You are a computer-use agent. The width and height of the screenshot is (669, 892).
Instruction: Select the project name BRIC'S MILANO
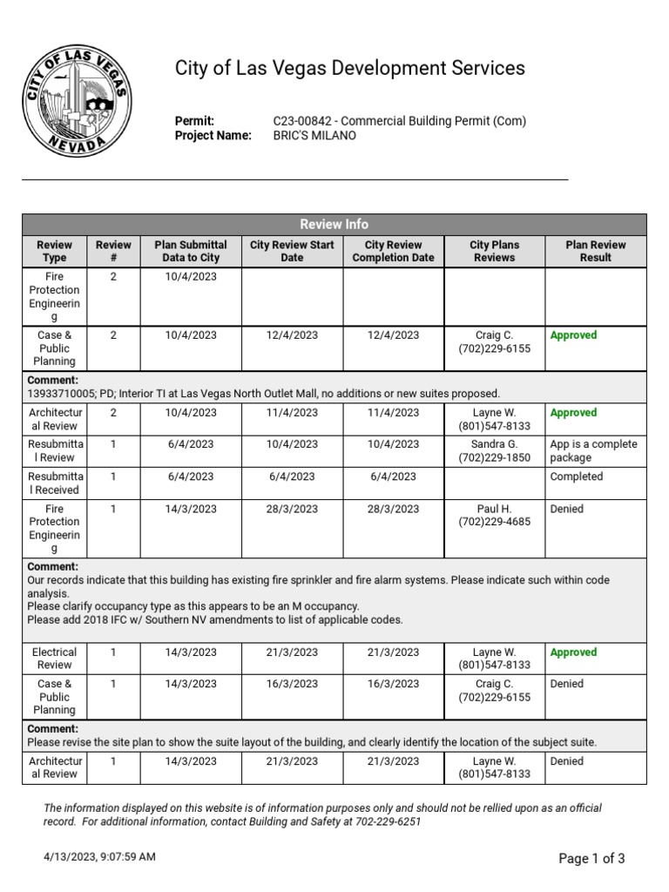(x=314, y=136)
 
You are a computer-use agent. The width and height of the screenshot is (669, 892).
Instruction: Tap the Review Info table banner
(x=334, y=224)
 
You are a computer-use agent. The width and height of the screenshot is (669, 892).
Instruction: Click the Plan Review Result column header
(x=596, y=251)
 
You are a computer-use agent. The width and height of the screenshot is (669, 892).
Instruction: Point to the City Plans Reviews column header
(x=494, y=251)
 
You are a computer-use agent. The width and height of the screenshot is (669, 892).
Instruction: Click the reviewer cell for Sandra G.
(x=494, y=450)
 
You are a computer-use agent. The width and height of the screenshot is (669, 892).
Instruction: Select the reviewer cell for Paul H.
(x=494, y=516)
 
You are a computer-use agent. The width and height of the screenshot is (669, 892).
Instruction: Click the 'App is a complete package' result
(x=593, y=450)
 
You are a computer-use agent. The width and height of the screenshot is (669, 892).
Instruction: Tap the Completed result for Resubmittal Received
(x=576, y=476)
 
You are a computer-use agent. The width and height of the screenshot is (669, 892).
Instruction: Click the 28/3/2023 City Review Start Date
(x=292, y=509)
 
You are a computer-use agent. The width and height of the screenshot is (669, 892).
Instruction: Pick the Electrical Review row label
(x=54, y=659)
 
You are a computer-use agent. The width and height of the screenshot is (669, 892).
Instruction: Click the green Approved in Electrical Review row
(x=573, y=652)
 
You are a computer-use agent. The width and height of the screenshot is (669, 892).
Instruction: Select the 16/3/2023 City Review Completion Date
(x=393, y=684)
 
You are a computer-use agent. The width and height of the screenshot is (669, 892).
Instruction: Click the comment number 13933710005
(x=64, y=394)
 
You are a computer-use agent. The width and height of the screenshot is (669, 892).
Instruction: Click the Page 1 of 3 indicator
(x=591, y=858)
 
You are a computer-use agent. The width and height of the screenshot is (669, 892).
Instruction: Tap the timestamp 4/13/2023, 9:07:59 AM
(x=100, y=857)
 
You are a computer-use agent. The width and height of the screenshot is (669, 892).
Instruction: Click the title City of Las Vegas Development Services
(x=350, y=68)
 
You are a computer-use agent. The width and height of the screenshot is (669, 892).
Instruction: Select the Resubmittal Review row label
(x=54, y=450)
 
